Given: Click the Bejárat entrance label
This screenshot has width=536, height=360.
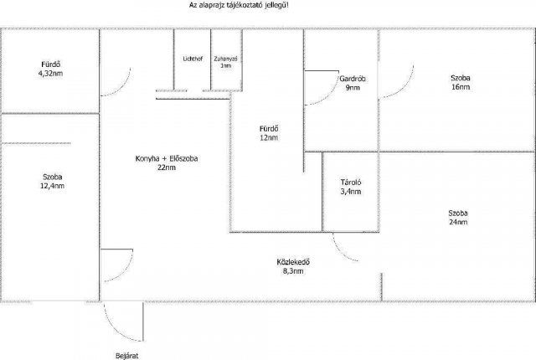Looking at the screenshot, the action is (x=126, y=356).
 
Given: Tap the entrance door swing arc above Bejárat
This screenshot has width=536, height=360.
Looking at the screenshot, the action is (x=116, y=331).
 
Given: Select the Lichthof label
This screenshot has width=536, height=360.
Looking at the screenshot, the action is (x=193, y=59).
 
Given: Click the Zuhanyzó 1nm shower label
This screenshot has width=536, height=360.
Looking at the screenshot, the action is (x=225, y=62).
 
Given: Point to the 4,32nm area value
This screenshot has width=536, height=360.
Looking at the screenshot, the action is (x=50, y=74).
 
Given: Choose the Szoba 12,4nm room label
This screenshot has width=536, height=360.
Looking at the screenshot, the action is (x=53, y=182).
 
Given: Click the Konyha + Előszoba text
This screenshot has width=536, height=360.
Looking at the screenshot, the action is (x=167, y=158).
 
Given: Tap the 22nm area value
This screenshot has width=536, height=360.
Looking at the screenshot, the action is (x=167, y=167).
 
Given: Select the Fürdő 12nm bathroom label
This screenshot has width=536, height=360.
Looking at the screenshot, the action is (x=269, y=133).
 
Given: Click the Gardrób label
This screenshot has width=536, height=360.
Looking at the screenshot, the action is (x=353, y=79).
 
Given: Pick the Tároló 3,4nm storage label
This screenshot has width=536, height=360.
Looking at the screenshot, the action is (x=351, y=187).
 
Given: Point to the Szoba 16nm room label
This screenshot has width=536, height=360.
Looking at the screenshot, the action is (x=461, y=82).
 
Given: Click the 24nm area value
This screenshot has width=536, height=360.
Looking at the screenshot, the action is (x=458, y=222).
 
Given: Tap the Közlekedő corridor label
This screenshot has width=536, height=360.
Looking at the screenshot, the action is (x=293, y=262).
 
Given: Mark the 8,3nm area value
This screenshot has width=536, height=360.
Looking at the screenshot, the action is (x=293, y=271).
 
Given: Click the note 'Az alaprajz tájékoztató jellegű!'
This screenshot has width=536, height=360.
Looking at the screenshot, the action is (x=239, y=5).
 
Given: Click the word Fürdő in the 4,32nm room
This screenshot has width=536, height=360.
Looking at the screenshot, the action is (x=51, y=64).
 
